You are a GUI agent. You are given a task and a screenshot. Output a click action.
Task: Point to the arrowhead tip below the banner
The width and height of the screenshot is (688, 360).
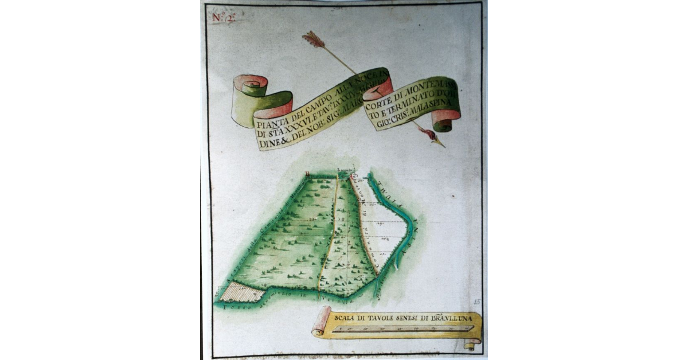442,146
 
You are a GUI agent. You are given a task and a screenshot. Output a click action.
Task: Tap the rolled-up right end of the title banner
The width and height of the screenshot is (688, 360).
446,121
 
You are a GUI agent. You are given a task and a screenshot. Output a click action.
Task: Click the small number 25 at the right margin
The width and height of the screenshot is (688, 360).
477,301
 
